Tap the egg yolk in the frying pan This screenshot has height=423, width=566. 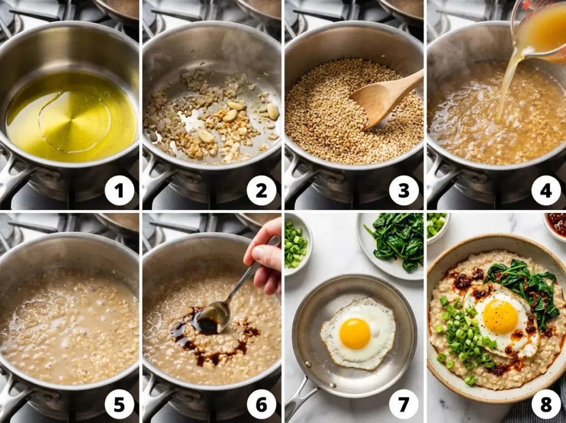355,333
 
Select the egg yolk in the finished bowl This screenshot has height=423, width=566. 500,316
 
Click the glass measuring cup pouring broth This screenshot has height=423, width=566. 539,28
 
